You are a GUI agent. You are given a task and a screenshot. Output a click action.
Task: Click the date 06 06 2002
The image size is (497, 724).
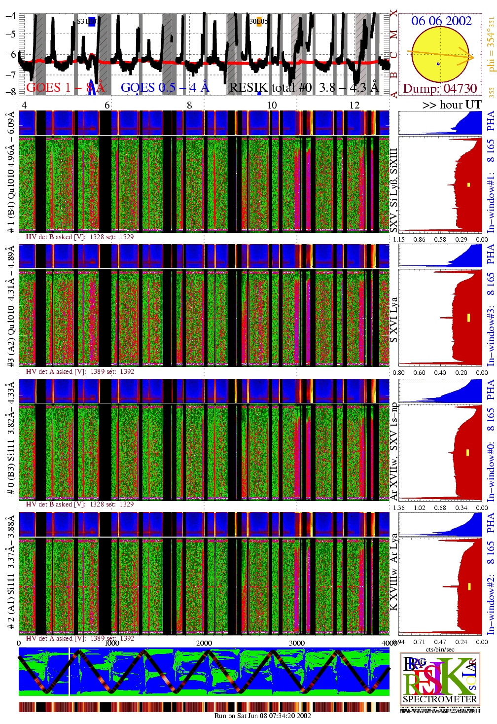441,21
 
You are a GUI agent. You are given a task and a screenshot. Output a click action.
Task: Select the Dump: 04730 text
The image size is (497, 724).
440,89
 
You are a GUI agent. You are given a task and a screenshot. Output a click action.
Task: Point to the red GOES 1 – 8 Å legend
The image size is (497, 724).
65,88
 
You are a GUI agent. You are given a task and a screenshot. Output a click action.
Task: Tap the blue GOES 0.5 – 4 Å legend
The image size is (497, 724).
165,88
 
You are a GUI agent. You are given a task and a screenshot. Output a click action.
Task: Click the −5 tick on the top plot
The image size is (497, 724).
11,34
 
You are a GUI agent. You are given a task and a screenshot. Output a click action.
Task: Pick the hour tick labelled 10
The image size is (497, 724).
272,105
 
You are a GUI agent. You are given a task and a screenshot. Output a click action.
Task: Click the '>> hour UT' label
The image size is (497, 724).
452,105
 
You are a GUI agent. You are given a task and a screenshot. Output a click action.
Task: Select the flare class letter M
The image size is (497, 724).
393,35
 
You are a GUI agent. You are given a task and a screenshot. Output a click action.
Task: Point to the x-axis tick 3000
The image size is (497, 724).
296,643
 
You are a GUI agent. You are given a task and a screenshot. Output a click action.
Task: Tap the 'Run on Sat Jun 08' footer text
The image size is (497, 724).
262,716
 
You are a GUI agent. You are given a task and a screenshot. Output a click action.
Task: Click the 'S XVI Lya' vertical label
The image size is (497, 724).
393,320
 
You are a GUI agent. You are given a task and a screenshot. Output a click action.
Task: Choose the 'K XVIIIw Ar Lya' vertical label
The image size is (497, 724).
393,572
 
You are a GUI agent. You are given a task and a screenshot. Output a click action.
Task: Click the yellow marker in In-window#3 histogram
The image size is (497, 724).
468,317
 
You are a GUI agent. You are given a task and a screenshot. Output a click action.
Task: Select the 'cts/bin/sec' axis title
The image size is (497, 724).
440,650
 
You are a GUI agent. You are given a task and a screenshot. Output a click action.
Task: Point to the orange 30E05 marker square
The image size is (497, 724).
259,21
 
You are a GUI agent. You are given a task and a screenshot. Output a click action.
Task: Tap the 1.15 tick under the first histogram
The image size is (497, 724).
399,240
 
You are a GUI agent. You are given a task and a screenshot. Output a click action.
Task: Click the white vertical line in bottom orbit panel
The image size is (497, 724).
70,671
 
